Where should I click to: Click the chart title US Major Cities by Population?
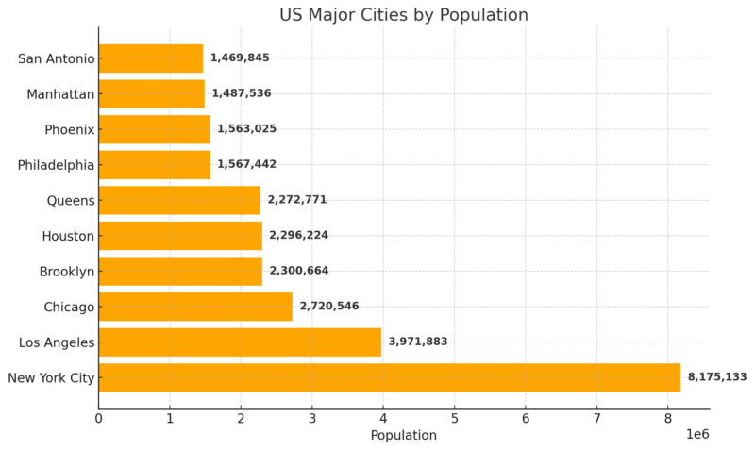pyautogui.click(x=404, y=15)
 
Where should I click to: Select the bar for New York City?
pyautogui.click(x=390, y=377)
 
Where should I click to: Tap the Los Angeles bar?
pyautogui.click(x=240, y=342)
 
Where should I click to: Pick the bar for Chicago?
pyautogui.click(x=195, y=307)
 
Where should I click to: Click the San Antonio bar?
pyautogui.click(x=151, y=58)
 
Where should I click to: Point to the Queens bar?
pyautogui.click(x=179, y=200)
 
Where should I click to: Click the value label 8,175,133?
pyautogui.click(x=717, y=376)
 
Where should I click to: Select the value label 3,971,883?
pyautogui.click(x=418, y=342)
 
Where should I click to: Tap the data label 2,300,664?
pyautogui.click(x=299, y=271)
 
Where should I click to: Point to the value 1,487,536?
pyautogui.click(x=242, y=92)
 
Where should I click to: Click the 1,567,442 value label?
pyautogui.click(x=247, y=164)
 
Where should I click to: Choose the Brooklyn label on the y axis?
pyautogui.click(x=67, y=272)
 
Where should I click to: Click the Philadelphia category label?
pyautogui.click(x=56, y=165)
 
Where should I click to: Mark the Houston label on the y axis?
pyautogui.click(x=68, y=236)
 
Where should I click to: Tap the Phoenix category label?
pyautogui.click(x=69, y=129)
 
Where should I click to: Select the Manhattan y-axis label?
pyautogui.click(x=60, y=93)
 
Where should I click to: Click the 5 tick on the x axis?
pyautogui.click(x=455, y=419)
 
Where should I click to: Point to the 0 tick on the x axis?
pyautogui.click(x=99, y=419)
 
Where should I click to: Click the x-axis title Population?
pyautogui.click(x=404, y=436)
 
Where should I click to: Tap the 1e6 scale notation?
pyautogui.click(x=697, y=434)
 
